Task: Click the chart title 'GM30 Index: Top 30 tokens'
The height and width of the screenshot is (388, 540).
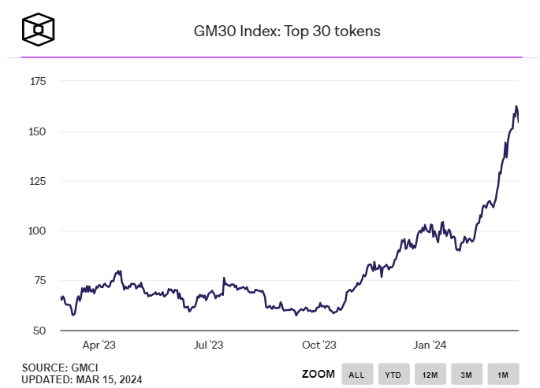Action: pyautogui.click(x=287, y=31)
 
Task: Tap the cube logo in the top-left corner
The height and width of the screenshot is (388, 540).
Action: pyautogui.click(x=39, y=30)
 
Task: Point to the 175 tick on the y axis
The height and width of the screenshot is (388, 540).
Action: pyautogui.click(x=37, y=81)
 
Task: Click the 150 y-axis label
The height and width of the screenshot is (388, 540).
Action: pyautogui.click(x=37, y=131)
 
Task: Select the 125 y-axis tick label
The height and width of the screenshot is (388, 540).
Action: pyautogui.click(x=37, y=181)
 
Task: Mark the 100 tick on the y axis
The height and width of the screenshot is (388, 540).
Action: pyautogui.click(x=37, y=231)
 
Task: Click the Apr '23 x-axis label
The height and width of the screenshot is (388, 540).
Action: pyautogui.click(x=99, y=345)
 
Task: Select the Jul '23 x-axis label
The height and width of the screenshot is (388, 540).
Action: pyautogui.click(x=209, y=345)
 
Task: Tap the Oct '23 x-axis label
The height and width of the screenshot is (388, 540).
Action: pyautogui.click(x=319, y=345)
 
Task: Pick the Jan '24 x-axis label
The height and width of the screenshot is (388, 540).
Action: pyautogui.click(x=430, y=345)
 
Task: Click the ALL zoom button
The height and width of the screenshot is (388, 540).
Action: pyautogui.click(x=357, y=374)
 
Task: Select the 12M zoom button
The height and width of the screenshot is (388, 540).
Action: pyautogui.click(x=430, y=374)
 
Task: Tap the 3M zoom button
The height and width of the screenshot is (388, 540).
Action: pyautogui.click(x=466, y=374)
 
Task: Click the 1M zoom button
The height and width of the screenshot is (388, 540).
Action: pyautogui.click(x=502, y=374)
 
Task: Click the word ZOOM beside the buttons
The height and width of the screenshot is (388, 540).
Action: pyautogui.click(x=318, y=374)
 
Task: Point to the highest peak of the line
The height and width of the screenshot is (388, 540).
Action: pyautogui.click(x=516, y=106)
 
